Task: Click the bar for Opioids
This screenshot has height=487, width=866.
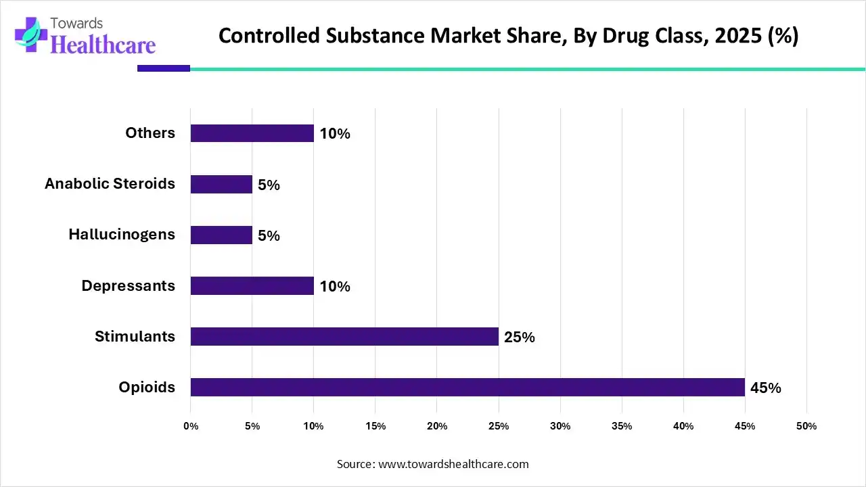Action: [467, 387]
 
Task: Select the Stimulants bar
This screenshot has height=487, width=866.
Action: [344, 336]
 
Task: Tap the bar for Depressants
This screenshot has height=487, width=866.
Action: [252, 285]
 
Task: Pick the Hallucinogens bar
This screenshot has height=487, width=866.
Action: [221, 235]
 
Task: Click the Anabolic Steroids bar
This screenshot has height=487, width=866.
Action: [221, 184]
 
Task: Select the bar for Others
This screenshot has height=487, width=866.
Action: [252, 133]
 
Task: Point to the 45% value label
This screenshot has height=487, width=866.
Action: [765, 388]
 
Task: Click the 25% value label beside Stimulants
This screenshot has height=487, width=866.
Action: [519, 337]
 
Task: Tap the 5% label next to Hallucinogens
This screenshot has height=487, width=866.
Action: [269, 235]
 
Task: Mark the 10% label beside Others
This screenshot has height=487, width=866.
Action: [335, 134]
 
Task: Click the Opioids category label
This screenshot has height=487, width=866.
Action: [147, 387]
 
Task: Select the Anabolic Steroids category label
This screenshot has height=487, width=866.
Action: [110, 183]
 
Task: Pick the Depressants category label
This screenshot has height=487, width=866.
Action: [128, 285]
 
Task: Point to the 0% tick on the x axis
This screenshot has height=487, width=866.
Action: [191, 426]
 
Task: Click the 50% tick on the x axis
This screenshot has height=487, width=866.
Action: [806, 426]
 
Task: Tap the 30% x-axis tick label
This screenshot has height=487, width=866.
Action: [560, 426]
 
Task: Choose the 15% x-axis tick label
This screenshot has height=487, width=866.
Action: [375, 426]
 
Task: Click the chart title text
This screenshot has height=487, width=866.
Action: [508, 36]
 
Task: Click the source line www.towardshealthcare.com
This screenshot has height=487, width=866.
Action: [433, 464]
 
